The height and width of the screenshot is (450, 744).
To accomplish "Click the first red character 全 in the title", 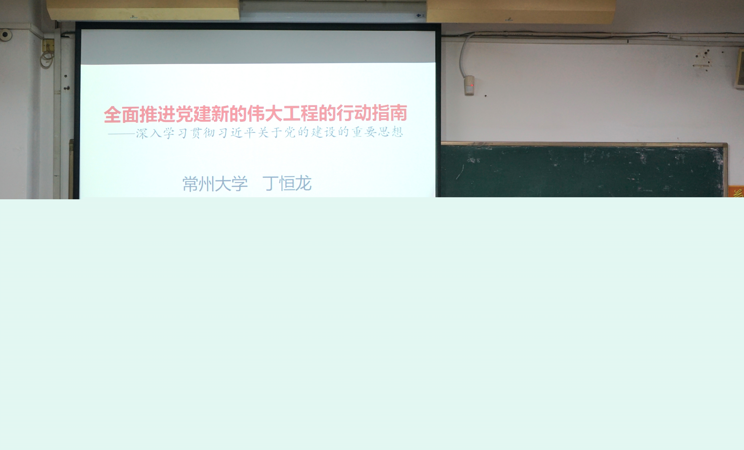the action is tap(113, 114).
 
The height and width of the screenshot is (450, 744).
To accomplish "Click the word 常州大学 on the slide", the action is tap(215, 184).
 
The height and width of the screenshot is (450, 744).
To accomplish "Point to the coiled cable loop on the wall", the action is tap(47, 59).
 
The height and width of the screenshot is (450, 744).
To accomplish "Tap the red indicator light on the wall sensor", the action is tap(472, 85).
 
